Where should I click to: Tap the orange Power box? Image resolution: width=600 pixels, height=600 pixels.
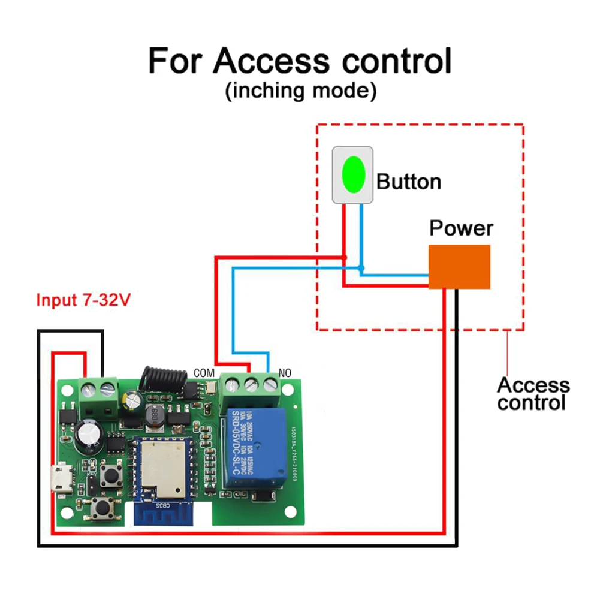tap(460, 266)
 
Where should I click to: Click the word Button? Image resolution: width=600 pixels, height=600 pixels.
tap(409, 182)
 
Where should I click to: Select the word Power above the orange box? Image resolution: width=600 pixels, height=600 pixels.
tap(461, 228)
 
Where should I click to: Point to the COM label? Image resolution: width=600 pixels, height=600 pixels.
tap(204, 373)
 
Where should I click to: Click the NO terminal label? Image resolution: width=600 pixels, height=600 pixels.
tap(285, 373)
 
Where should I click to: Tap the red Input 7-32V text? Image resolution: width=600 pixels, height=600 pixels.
tap(83, 300)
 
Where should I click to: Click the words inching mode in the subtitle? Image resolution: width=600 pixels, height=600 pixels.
tap(300, 91)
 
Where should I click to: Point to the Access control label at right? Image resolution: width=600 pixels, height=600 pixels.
tap(532, 394)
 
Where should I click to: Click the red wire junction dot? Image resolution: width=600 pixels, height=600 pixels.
tap(345, 258)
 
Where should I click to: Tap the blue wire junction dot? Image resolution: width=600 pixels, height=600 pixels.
tap(361, 268)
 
